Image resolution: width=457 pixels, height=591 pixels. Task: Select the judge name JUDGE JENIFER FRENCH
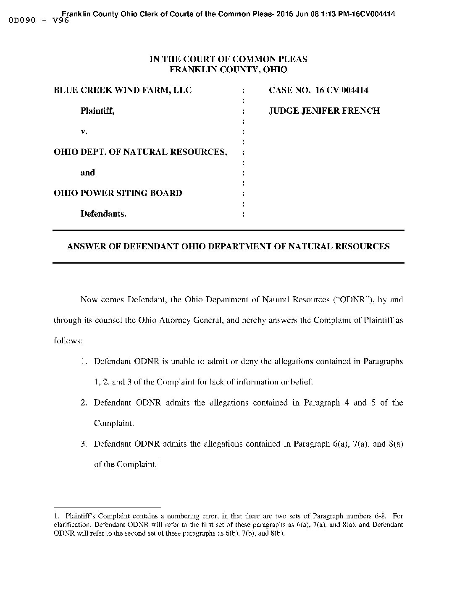point(324,111)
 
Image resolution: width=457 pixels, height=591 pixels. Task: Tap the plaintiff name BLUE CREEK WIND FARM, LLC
point(123,90)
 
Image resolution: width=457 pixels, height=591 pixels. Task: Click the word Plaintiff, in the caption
point(97,111)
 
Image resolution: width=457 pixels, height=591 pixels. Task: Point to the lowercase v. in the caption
point(84,131)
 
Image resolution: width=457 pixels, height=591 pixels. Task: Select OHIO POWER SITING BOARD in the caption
point(118,193)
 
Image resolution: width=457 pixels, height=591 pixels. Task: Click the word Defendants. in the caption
point(103,214)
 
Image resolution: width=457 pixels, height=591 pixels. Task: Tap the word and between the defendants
point(88,173)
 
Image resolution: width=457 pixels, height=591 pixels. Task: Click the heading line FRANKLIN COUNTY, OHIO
point(228,70)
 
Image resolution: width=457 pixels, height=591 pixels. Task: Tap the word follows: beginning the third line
point(68,341)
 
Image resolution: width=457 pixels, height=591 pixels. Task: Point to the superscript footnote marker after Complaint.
point(159,462)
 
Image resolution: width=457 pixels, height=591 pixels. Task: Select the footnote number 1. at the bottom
point(57,516)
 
